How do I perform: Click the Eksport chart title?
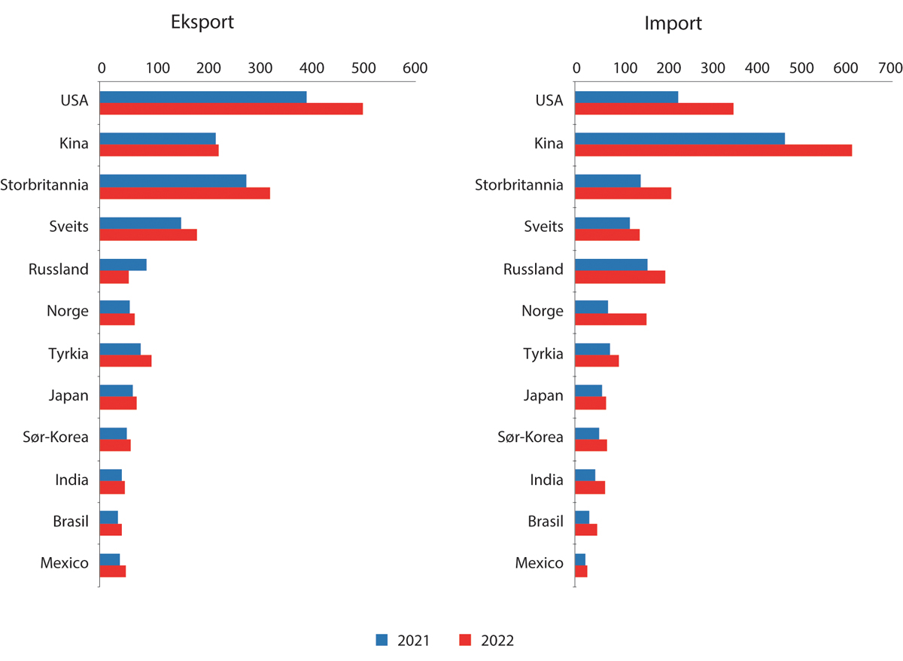201,22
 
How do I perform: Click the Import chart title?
673,23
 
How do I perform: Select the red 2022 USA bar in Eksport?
231,109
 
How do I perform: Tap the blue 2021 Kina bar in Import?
680,139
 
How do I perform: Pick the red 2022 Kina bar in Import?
713,151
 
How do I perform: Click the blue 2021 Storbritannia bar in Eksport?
173,181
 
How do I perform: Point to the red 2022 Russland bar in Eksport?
114,277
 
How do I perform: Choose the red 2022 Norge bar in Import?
610,319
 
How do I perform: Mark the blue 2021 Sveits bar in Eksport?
141,223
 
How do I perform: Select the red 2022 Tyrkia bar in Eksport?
126,361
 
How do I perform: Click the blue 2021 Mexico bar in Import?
580,559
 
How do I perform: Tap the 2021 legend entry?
403,641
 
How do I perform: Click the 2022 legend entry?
486,641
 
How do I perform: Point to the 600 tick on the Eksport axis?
414,69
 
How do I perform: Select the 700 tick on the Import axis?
890,69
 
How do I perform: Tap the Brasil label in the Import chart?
546,522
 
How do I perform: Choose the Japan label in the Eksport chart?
68,395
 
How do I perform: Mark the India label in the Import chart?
546,480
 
